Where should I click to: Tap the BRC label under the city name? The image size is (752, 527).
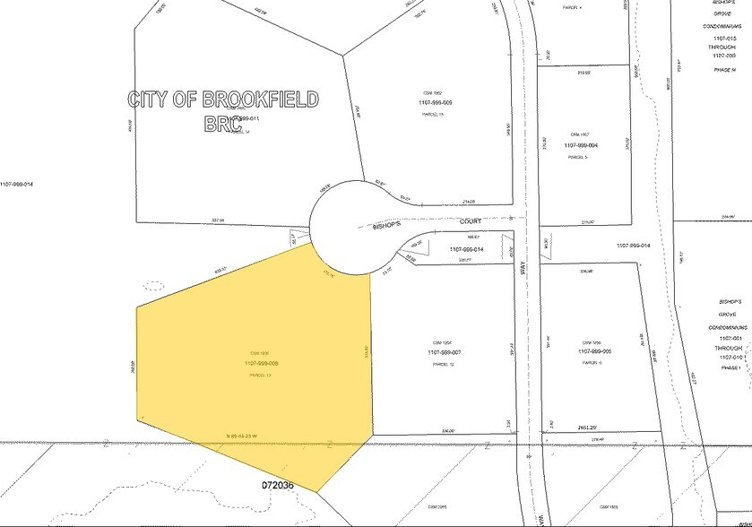tap(222, 124)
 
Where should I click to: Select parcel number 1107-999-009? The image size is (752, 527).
tap(435, 103)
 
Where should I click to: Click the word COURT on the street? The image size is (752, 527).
tap(471, 220)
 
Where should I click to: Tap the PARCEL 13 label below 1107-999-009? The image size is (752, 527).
tap(435, 114)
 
